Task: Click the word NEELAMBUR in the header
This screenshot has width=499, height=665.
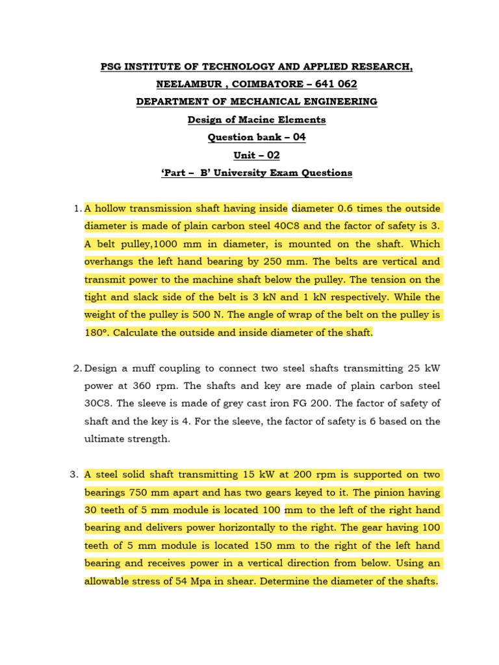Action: click(185, 84)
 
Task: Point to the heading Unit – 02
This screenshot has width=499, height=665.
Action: click(256, 155)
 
